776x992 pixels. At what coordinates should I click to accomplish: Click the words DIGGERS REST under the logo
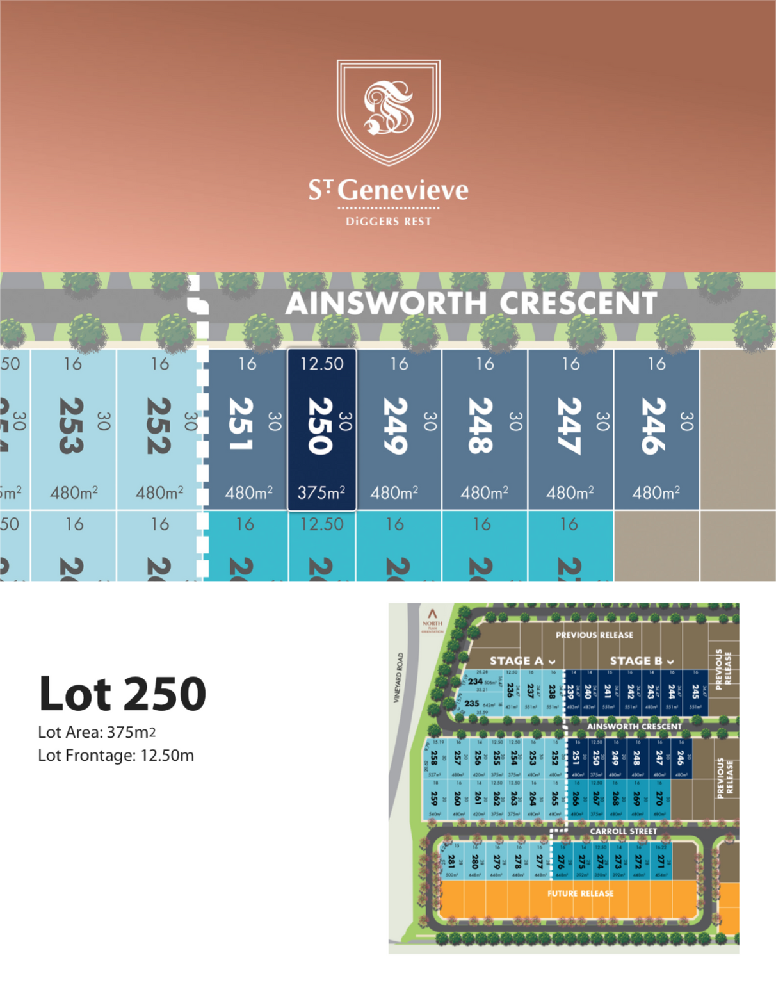[x=389, y=222]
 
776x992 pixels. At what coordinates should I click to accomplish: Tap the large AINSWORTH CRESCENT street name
[x=471, y=304]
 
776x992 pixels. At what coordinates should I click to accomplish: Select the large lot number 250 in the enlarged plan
[x=320, y=426]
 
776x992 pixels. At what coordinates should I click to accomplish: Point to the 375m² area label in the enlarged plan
[x=321, y=493]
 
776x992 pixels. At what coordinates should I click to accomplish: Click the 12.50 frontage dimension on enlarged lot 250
[x=321, y=364]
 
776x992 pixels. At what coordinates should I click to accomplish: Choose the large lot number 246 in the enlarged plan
[x=655, y=426]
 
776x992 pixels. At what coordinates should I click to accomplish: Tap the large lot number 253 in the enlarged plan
[x=72, y=426]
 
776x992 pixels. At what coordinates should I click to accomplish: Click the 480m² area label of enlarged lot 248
[x=484, y=493]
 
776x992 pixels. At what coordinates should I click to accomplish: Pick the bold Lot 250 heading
[x=122, y=694]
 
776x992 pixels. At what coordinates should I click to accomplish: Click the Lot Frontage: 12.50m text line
[x=116, y=756]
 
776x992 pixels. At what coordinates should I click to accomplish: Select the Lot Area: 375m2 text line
[x=97, y=732]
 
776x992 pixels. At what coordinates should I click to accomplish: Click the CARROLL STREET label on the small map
[x=623, y=831]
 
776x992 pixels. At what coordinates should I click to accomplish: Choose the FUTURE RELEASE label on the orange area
[x=580, y=893]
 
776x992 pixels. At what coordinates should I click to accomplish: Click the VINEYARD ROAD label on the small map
[x=398, y=678]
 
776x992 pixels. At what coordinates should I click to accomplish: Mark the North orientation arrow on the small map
[x=432, y=614]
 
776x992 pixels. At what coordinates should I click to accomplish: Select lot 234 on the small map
[x=475, y=681]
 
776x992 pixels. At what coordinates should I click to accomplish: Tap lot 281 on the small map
[x=451, y=861]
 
